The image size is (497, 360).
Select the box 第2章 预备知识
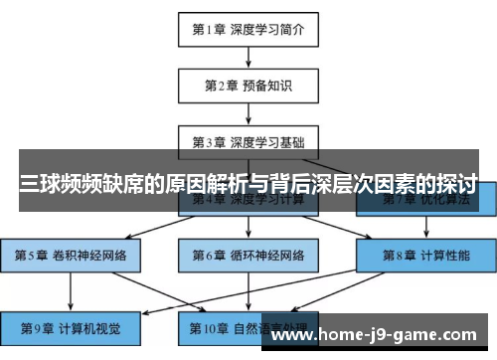[x=248, y=85]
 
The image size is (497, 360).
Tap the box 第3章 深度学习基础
[x=248, y=141]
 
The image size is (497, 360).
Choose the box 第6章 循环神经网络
[x=248, y=255]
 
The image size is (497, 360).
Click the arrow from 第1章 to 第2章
[x=248, y=56]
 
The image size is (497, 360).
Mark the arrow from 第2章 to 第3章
[x=248, y=112]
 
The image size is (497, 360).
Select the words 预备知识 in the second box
[x=266, y=85]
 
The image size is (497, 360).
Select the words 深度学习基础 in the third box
[x=266, y=141]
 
